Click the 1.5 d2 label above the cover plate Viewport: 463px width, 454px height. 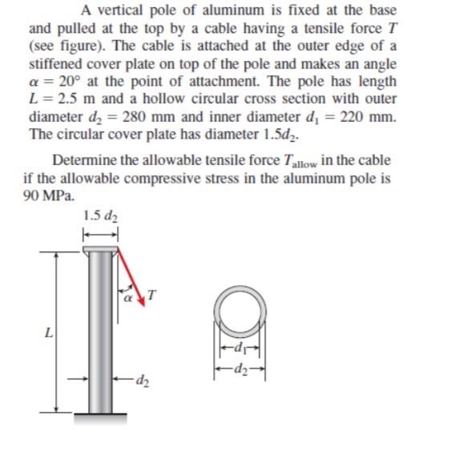pyautogui.click(x=101, y=215)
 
